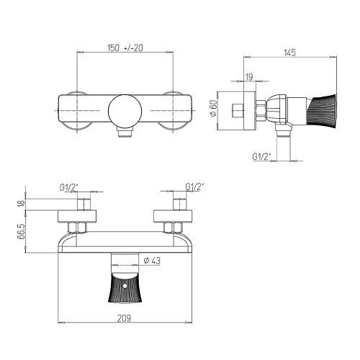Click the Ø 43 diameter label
(152, 260)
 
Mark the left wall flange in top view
(75, 110)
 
